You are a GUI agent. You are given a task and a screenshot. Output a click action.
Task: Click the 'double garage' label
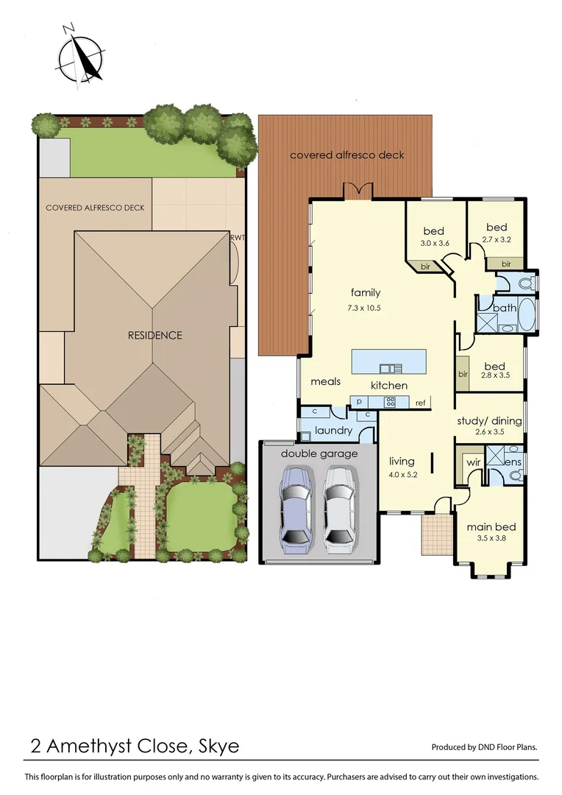319,453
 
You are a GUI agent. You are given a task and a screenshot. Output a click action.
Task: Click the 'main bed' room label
491,526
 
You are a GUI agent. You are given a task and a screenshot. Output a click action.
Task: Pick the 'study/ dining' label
489,421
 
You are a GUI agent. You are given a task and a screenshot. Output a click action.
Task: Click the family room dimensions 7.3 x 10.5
366,308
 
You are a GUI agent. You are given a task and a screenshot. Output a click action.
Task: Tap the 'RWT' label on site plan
237,238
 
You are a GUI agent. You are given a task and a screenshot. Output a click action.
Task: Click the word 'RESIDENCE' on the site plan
154,335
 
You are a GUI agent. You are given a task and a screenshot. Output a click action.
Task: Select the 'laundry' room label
333,431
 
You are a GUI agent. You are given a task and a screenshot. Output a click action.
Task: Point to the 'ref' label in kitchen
421,403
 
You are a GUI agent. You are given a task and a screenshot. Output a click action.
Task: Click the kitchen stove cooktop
390,402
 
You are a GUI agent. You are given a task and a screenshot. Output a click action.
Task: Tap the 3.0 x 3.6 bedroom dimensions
434,243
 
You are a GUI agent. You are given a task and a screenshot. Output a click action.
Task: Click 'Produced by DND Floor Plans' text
484,747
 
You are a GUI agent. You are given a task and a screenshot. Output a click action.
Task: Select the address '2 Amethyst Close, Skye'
135,746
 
